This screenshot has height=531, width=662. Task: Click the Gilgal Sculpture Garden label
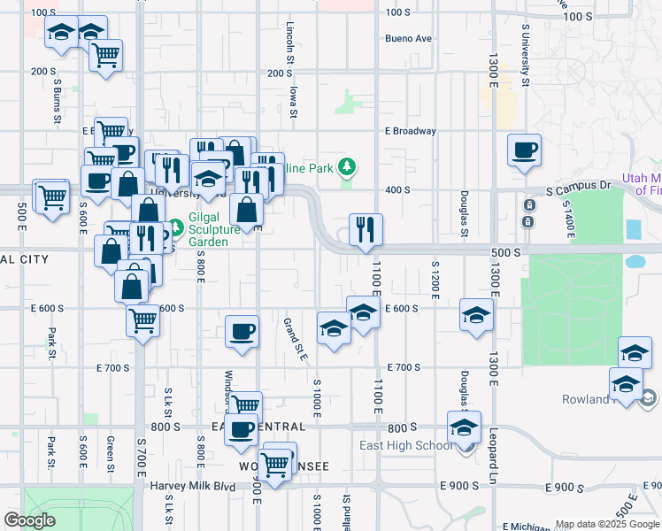pyautogui.click(x=214, y=235)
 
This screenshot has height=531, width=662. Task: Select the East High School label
pyautogui.click(x=406, y=445)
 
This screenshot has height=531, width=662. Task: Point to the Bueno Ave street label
pyautogui.click(x=408, y=39)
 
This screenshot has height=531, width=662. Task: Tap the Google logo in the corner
pyautogui.click(x=30, y=520)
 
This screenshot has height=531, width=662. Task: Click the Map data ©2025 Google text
pyautogui.click(x=606, y=524)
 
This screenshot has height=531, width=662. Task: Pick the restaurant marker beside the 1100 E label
pyautogui.click(x=365, y=229)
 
